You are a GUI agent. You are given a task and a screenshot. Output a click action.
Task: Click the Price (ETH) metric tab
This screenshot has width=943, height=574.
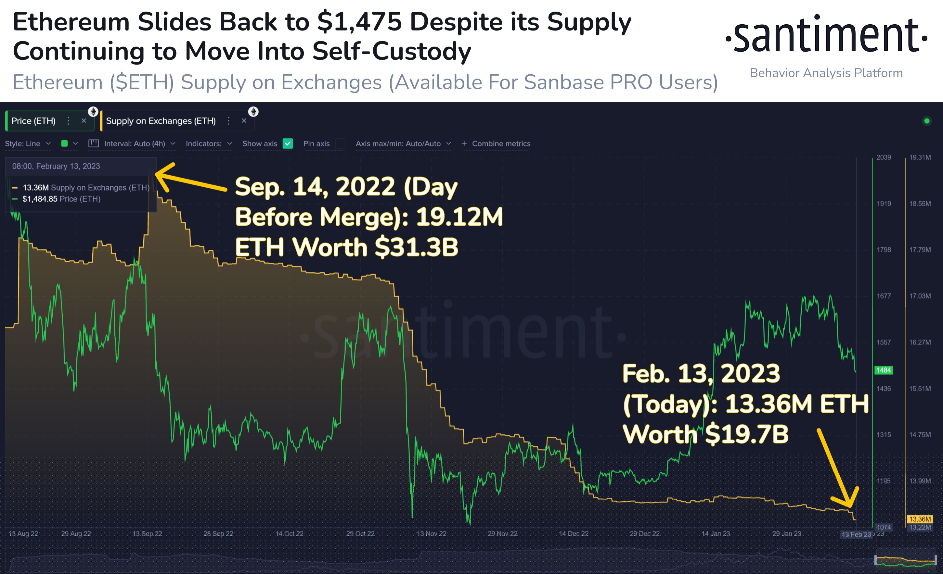34,121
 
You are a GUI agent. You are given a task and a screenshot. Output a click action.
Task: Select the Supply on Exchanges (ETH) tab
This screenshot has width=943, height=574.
161,121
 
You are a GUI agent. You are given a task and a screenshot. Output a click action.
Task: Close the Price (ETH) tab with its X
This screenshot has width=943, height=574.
84,121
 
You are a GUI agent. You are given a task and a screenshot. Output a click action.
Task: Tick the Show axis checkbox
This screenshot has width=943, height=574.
288,143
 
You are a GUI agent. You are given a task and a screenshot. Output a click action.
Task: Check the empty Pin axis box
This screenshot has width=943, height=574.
340,143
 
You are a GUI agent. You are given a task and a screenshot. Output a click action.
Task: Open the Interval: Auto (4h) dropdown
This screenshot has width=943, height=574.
135,143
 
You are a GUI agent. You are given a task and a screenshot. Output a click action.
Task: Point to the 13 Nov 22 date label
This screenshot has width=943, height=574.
431,533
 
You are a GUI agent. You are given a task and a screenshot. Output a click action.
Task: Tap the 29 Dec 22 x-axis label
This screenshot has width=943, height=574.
644,533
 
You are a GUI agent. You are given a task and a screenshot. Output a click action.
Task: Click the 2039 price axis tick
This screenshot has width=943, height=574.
883,157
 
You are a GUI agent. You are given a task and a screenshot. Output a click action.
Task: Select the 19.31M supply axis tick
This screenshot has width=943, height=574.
920,157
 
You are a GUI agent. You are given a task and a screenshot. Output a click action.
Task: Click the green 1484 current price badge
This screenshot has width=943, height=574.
883,370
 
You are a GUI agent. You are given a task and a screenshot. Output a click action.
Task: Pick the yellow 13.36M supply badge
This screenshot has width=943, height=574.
920,519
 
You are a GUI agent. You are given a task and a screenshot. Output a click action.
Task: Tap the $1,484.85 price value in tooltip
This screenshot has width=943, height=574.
40,199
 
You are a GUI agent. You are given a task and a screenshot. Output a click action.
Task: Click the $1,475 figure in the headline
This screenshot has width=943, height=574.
359,22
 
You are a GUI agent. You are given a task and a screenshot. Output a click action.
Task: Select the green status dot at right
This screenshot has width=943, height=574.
926,121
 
